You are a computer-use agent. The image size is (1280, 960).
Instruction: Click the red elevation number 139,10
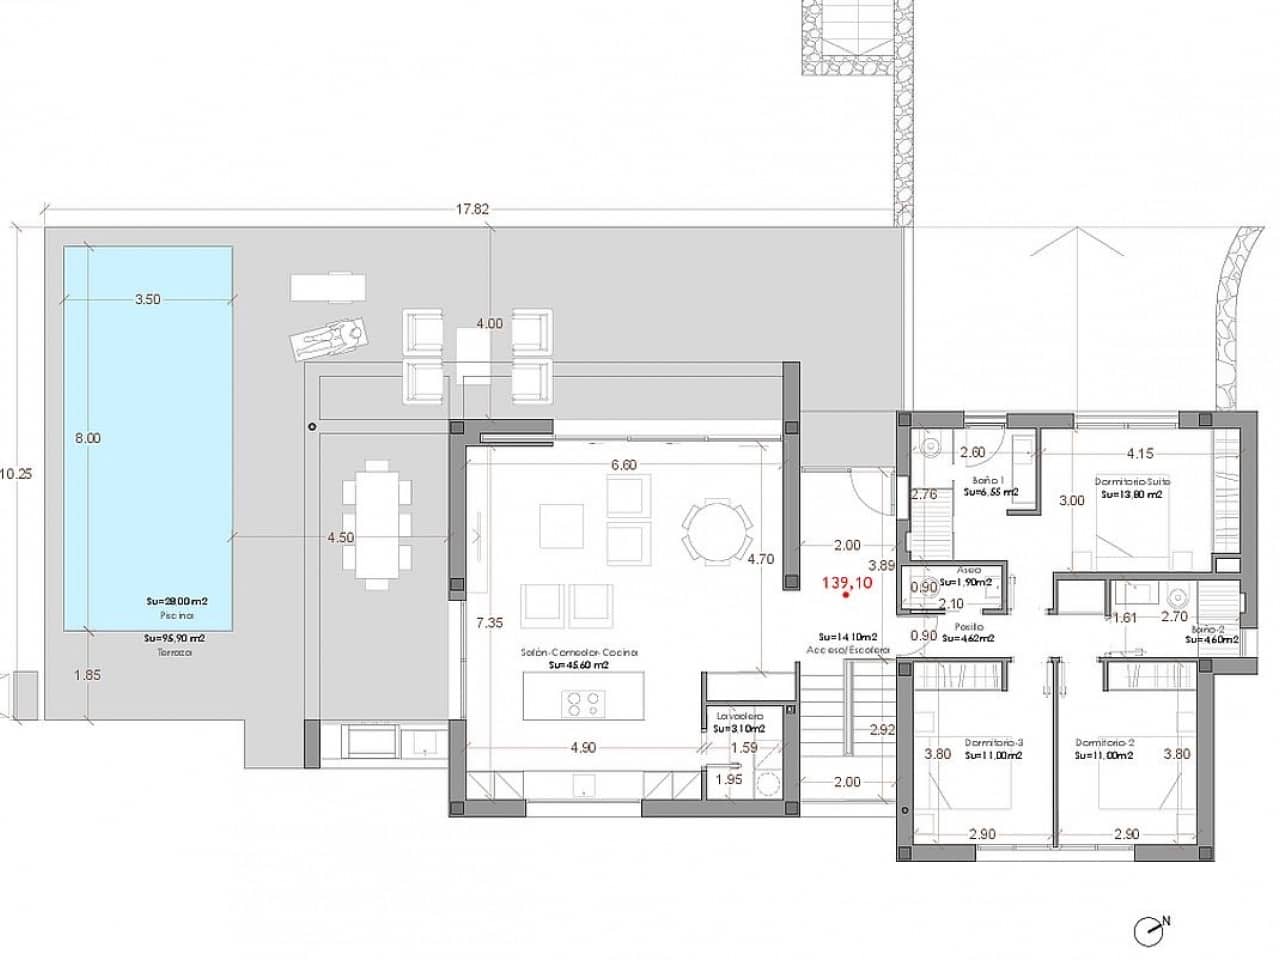tap(846, 582)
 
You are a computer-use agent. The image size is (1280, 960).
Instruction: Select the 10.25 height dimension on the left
tap(16, 474)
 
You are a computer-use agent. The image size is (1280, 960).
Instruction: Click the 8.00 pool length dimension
tap(88, 438)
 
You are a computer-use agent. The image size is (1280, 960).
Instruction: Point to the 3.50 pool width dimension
tap(148, 299)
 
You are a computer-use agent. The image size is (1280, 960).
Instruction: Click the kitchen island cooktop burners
tap(583, 705)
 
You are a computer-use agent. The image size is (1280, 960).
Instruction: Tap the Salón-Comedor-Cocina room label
tap(579, 652)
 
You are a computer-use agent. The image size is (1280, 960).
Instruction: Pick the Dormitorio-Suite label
tap(1132, 481)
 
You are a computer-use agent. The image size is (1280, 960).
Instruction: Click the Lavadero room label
tap(739, 716)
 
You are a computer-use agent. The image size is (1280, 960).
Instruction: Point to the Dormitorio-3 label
tap(993, 743)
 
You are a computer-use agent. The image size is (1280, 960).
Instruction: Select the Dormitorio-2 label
tap(1104, 743)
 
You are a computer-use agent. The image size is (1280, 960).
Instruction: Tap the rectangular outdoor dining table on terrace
tap(377, 526)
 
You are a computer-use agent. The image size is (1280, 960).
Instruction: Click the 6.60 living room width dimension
tap(623, 465)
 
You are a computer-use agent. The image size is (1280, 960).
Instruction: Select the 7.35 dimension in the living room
tap(490, 622)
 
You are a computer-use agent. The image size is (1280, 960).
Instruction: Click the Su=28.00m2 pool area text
tap(176, 602)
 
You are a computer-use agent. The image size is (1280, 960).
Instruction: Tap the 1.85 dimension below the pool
tap(88, 675)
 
